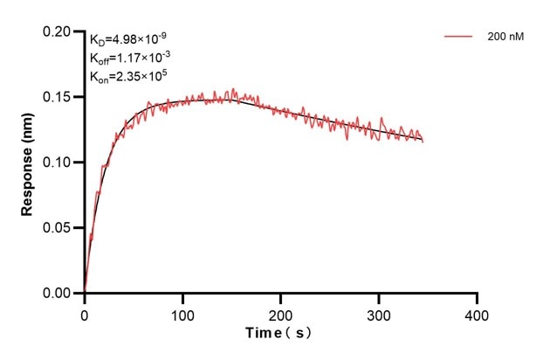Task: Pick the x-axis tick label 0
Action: tap(84, 313)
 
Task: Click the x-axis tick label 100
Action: tap(182, 313)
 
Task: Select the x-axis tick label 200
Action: tap(280, 313)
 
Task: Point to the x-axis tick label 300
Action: tap(379, 313)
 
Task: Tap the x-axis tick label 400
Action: tap(477, 313)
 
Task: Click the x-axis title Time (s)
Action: tap(279, 334)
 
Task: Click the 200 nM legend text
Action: tap(505, 38)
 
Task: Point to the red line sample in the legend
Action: tap(458, 38)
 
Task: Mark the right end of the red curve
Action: tap(423, 141)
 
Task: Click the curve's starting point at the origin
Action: tap(85, 293)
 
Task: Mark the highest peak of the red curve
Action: tap(233, 88)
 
